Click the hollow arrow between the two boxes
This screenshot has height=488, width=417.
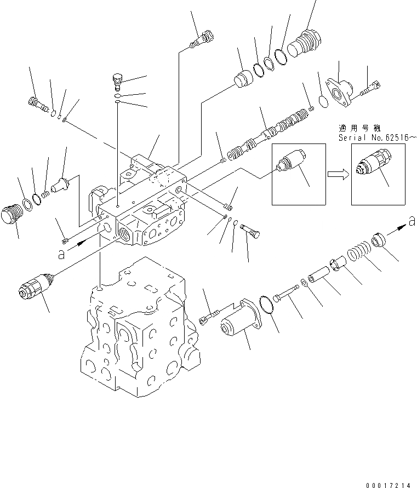336,174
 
